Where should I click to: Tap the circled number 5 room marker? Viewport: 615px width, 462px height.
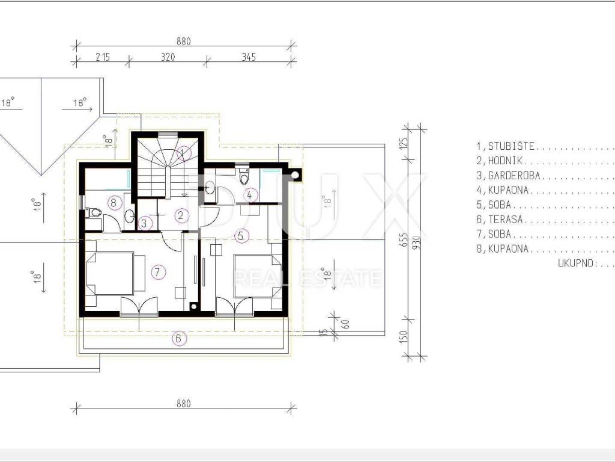241,236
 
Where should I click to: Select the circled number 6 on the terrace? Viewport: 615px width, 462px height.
178,338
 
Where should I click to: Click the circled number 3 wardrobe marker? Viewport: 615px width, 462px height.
144,223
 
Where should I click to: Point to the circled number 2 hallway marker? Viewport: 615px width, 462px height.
181,215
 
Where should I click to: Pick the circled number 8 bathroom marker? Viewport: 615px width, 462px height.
114,203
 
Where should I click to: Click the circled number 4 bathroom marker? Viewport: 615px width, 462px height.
250,194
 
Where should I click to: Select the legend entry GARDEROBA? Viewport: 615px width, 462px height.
514,176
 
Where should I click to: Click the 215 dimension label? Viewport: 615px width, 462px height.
103,57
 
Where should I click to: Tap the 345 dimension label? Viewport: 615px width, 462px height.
249,57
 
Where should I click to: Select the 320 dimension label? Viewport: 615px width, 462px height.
168,57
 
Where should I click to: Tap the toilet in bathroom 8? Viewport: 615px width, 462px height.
94,212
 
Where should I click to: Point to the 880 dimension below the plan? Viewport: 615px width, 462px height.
184,404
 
